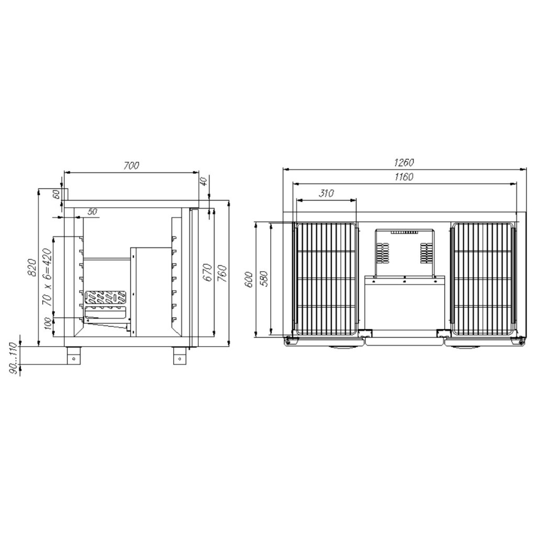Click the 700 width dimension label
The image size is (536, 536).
coord(131,165)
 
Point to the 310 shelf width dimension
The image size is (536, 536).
coord(326,194)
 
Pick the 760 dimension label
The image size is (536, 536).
coord(222,272)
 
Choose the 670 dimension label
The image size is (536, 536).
coord(207,272)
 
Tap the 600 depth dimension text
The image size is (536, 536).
coord(249,280)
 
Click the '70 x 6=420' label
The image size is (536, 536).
coord(47,277)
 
